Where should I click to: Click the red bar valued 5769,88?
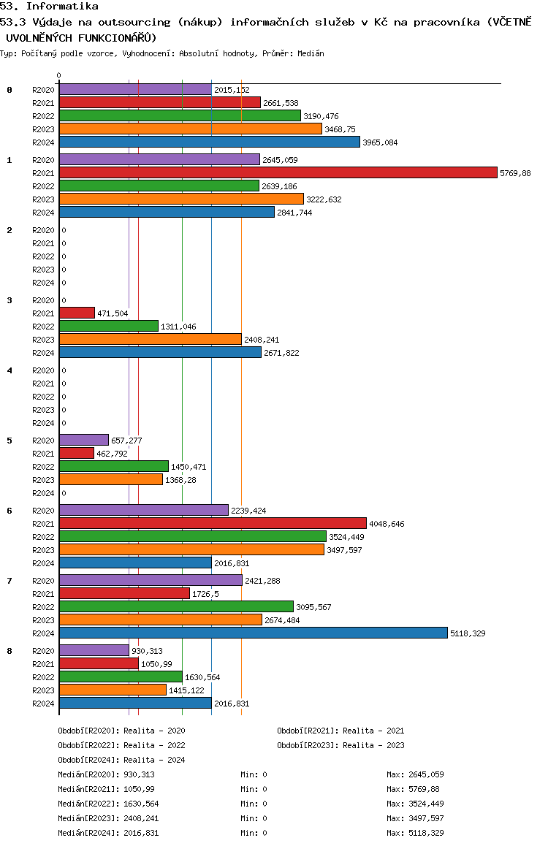(278, 172)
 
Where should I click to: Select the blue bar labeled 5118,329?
(254, 633)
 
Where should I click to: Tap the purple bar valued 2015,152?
(135, 90)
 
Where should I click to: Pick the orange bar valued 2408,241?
(151, 339)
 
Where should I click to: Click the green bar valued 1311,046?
(109, 326)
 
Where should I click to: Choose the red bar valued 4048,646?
(213, 523)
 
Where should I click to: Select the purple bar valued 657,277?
(84, 440)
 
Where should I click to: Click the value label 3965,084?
(380, 142)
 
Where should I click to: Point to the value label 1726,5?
(205, 594)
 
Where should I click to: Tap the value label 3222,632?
(324, 199)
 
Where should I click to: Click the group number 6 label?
(9, 511)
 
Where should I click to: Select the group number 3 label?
(9, 300)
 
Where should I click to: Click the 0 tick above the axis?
(58, 75)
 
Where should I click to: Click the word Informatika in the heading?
(62, 6)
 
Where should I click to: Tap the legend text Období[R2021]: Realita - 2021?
(340, 731)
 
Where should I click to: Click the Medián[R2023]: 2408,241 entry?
(108, 818)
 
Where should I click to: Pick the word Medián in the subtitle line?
(311, 53)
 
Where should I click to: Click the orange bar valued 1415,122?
(113, 690)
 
